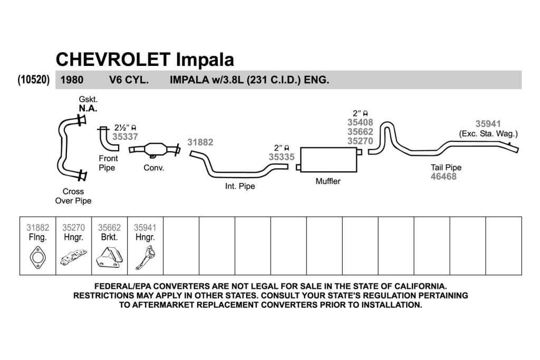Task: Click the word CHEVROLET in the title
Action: pos(113,60)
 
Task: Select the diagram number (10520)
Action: pos(34,80)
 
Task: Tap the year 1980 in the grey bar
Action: pos(72,80)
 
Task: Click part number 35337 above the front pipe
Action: pos(125,137)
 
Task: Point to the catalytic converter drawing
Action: pos(155,150)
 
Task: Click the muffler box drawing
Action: pos(329,160)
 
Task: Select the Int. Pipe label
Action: pos(240,186)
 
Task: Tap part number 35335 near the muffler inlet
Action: pos(282,157)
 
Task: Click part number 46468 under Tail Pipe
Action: pos(443,177)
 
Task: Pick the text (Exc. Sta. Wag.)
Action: pos(488,134)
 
